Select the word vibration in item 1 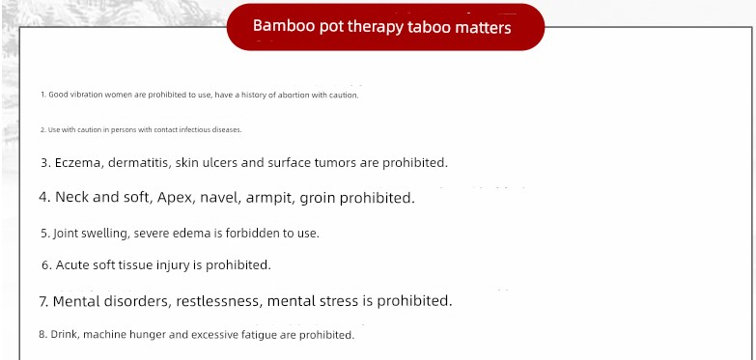(87, 95)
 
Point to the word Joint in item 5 (66, 234)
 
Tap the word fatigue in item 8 (257, 335)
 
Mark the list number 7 (43, 302)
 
